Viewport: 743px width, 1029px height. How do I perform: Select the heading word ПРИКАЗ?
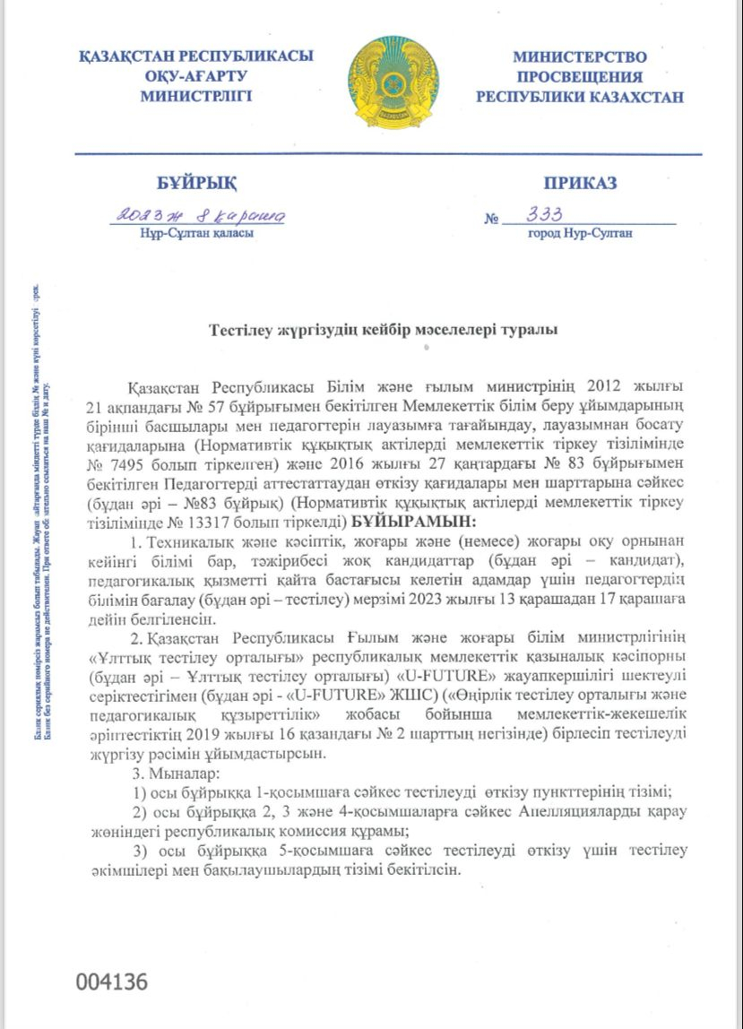point(580,184)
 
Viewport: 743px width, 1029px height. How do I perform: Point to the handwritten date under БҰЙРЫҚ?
point(200,214)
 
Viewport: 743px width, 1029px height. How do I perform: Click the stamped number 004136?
point(111,981)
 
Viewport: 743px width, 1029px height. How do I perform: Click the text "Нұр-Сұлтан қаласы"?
point(196,233)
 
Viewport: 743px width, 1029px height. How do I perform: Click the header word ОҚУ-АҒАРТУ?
point(196,76)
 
